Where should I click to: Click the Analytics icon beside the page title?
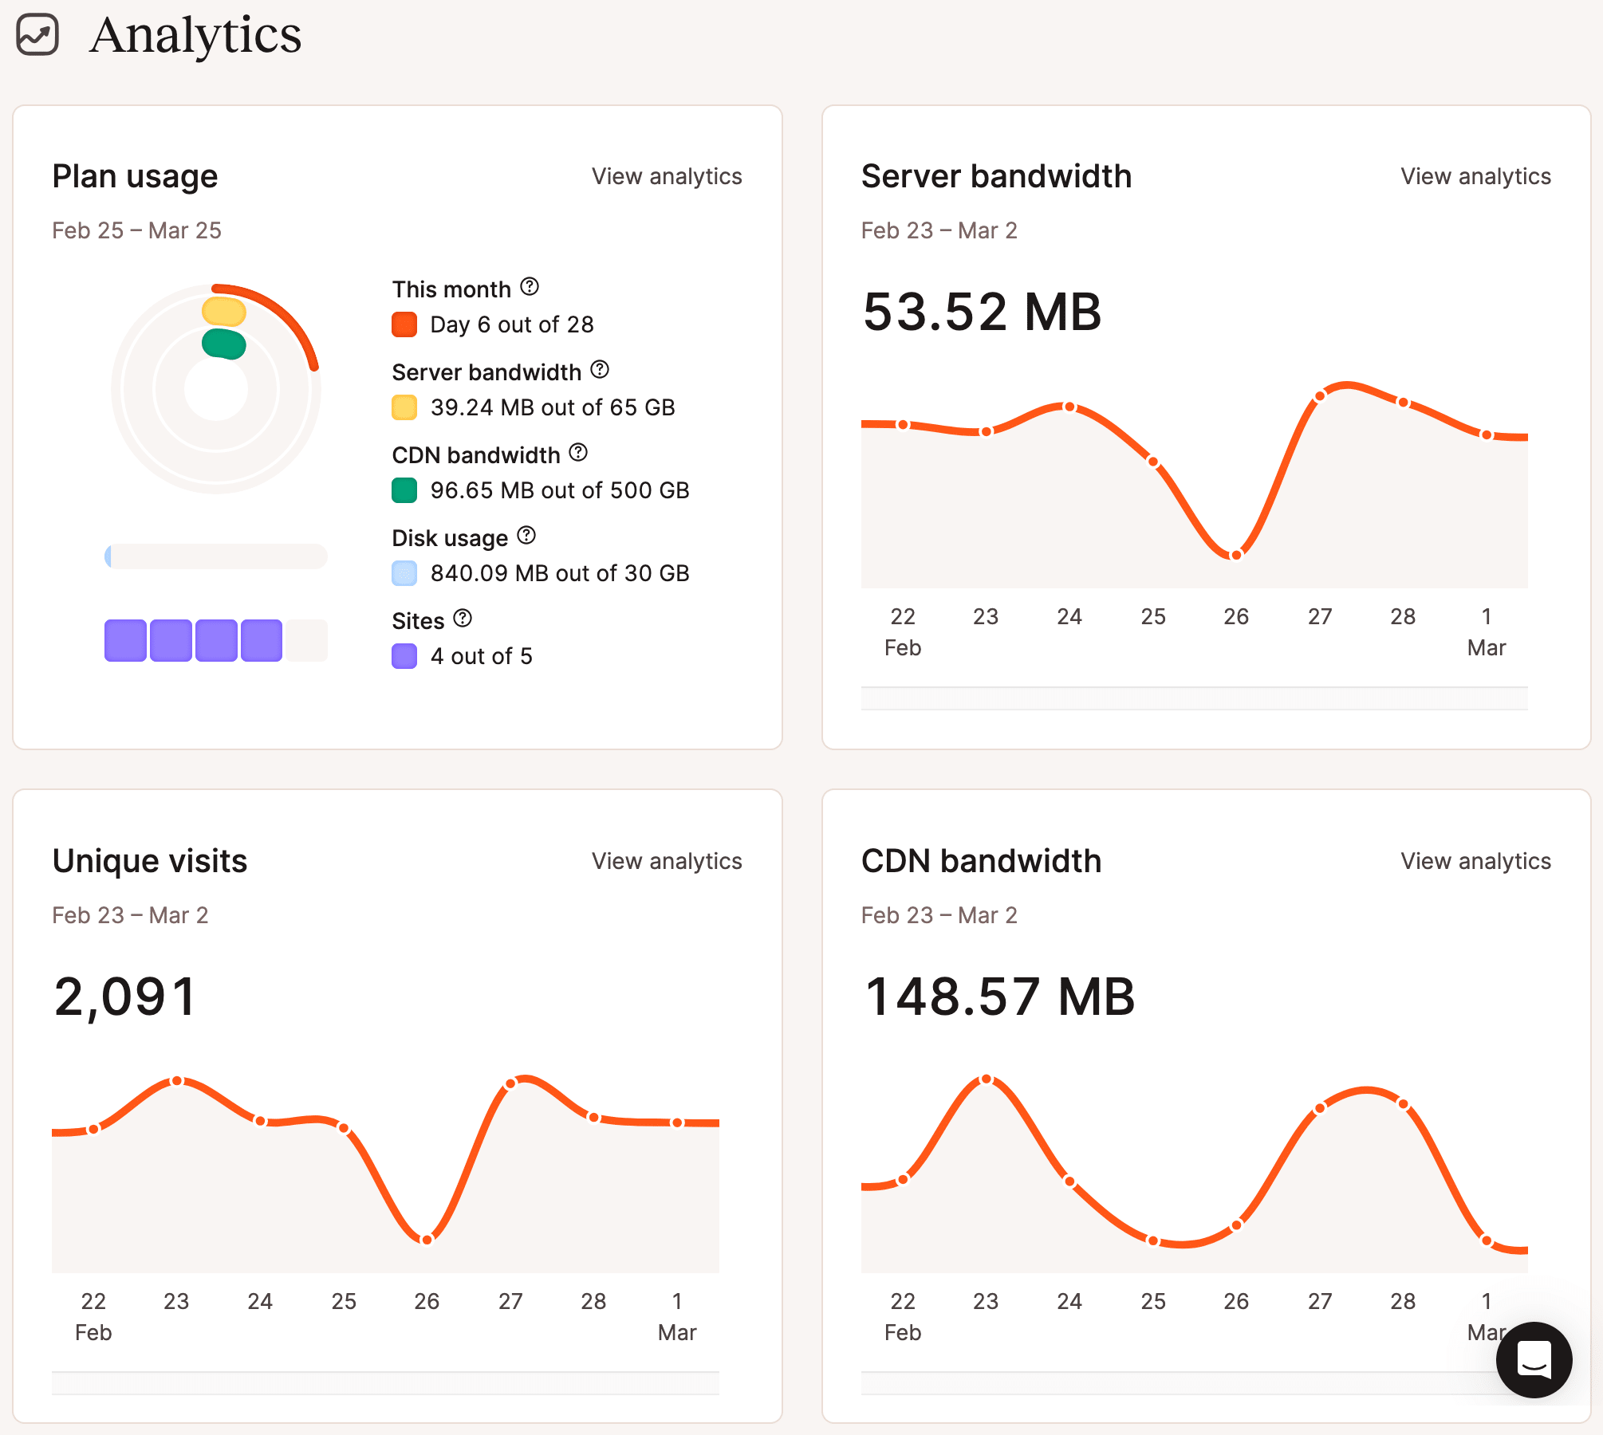click(x=37, y=35)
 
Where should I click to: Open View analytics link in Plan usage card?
click(x=666, y=176)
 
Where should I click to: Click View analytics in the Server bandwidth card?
click(x=1475, y=176)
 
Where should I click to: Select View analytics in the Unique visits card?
click(x=666, y=861)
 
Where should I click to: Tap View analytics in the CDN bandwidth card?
click(x=1475, y=861)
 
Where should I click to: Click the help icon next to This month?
click(x=530, y=286)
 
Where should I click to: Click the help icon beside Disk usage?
click(x=526, y=535)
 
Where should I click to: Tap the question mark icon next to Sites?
click(x=463, y=618)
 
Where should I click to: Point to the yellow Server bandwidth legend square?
click(x=404, y=407)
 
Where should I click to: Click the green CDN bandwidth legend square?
click(x=404, y=490)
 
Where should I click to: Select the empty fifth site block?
click(x=307, y=640)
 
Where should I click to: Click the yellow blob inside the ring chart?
click(x=224, y=311)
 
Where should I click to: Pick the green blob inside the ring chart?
click(x=224, y=344)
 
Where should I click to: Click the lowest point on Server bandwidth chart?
click(x=1235, y=555)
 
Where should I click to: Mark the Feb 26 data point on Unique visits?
click(x=427, y=1239)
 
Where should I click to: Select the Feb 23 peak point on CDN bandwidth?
click(x=987, y=1079)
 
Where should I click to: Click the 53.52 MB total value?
click(x=982, y=312)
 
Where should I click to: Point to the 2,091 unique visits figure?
click(x=125, y=997)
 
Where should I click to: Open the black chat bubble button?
click(x=1534, y=1360)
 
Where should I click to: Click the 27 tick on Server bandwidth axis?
click(x=1320, y=616)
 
